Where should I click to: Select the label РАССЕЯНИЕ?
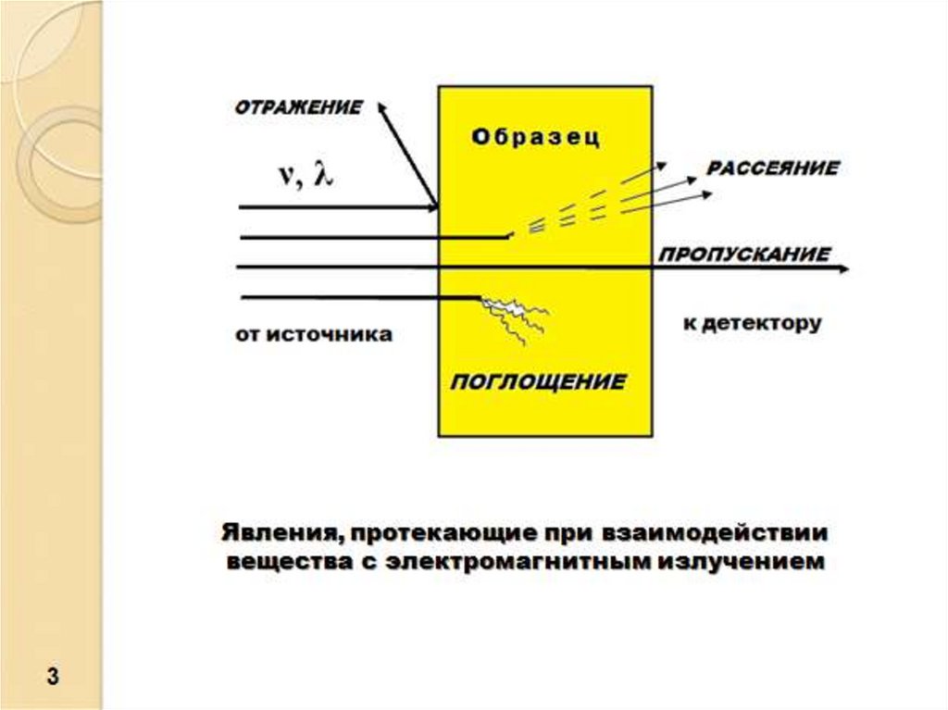773,169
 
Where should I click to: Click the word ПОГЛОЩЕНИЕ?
538,380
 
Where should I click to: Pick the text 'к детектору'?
752,325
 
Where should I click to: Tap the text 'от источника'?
314,334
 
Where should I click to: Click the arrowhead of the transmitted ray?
842,268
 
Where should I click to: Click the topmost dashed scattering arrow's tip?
665,163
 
